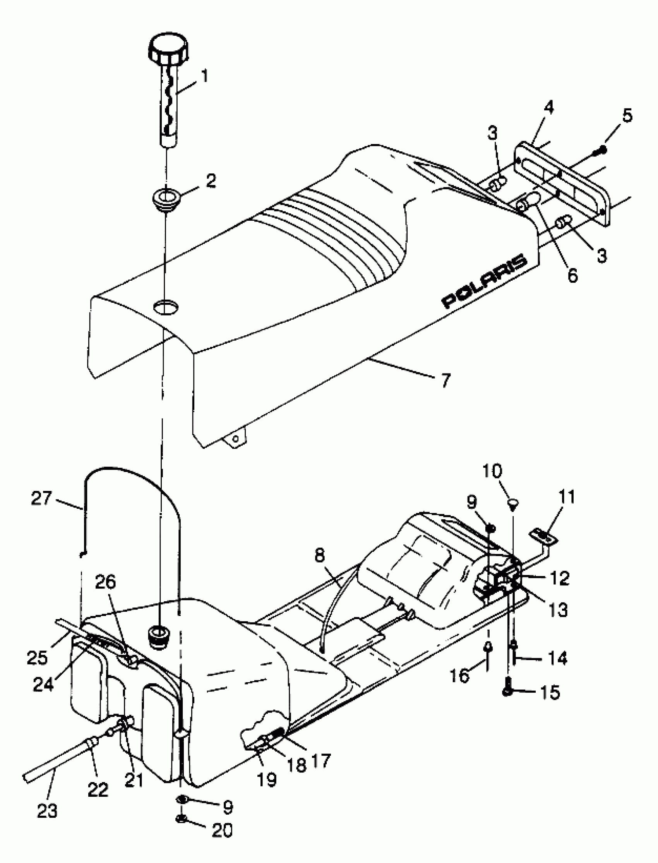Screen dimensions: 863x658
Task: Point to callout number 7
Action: click(x=446, y=380)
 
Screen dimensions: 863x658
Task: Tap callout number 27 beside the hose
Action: click(x=41, y=498)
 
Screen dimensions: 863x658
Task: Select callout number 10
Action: click(x=492, y=471)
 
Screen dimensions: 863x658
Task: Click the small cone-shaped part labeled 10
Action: click(x=512, y=503)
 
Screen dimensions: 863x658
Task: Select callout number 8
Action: click(x=320, y=555)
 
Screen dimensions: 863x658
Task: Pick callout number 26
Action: click(x=106, y=582)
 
